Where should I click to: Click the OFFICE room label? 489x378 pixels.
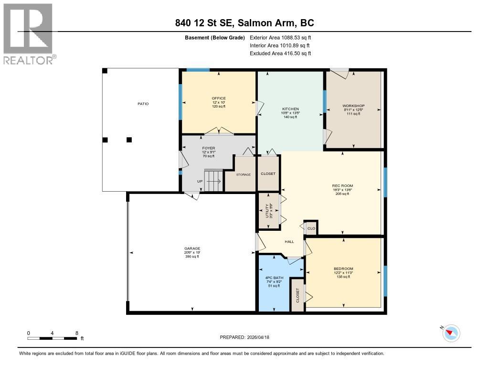click(x=219, y=98)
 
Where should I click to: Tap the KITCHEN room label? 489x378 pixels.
click(x=290, y=109)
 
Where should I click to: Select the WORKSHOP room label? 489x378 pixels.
click(x=353, y=106)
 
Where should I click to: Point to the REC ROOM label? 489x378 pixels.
click(x=342, y=185)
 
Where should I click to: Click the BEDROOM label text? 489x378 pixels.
click(x=343, y=269)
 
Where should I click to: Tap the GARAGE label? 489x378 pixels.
click(x=192, y=248)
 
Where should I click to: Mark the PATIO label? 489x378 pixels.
click(x=143, y=104)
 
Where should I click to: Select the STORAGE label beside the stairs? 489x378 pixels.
click(x=243, y=175)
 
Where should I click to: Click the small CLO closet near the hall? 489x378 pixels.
click(x=311, y=228)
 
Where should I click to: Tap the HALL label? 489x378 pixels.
click(x=289, y=242)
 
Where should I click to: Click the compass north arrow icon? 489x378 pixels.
click(x=450, y=333)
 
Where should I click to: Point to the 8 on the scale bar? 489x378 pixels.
click(x=76, y=333)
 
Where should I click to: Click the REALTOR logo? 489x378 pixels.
click(x=29, y=33)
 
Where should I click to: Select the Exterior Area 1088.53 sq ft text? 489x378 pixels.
click(x=280, y=37)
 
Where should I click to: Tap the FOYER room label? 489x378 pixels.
click(x=208, y=148)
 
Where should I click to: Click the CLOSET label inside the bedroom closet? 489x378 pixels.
click(x=297, y=295)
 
